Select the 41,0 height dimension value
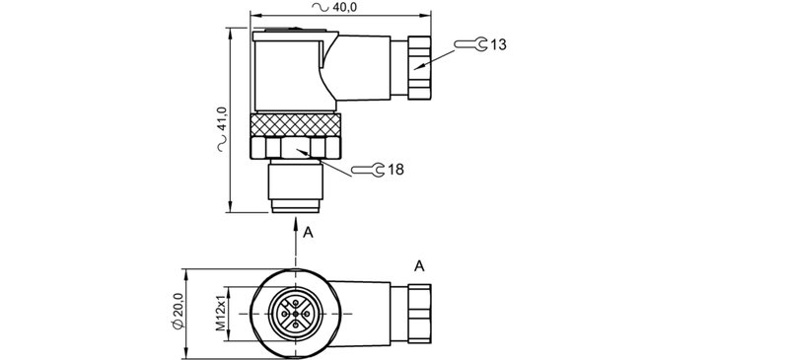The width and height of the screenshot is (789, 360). click(222, 118)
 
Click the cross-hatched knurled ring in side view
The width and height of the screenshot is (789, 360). click(297, 124)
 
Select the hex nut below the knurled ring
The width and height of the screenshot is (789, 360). click(297, 148)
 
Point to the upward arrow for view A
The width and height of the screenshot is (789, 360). click(297, 232)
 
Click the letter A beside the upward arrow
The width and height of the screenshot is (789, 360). click(309, 233)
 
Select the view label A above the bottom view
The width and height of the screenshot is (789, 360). click(419, 265)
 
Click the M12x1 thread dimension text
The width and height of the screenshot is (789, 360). click(222, 313)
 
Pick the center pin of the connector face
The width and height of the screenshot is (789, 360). click(297, 314)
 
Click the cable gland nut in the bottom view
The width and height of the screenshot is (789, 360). click(418, 314)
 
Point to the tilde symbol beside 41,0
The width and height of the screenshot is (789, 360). click(222, 146)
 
